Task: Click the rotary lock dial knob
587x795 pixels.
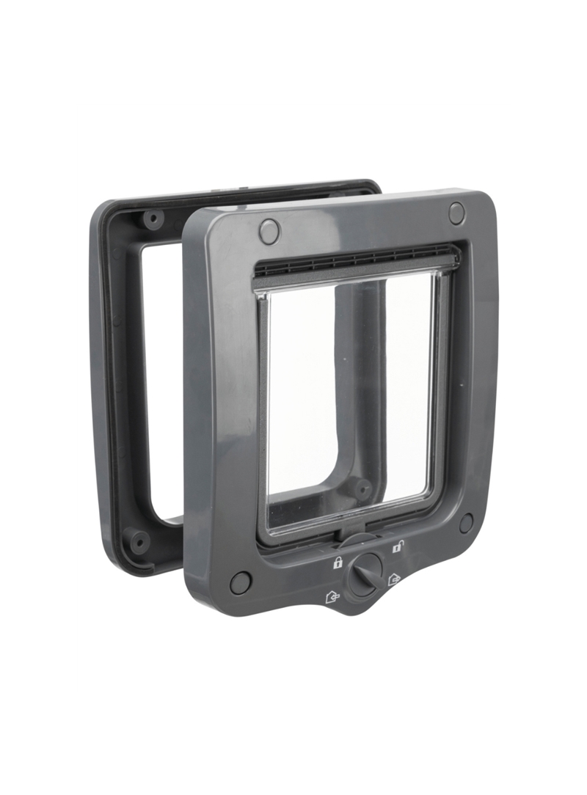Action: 365,574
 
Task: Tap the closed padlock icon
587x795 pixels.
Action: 338,563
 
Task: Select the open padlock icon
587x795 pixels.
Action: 397,546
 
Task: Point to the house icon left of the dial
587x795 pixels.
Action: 332,596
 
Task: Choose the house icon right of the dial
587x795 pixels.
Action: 395,579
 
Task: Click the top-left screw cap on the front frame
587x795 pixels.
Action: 269,232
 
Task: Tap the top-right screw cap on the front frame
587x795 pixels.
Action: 456,213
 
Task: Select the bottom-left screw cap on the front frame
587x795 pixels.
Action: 240,583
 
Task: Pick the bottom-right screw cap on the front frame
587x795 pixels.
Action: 466,523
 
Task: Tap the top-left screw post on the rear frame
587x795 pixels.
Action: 153,219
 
